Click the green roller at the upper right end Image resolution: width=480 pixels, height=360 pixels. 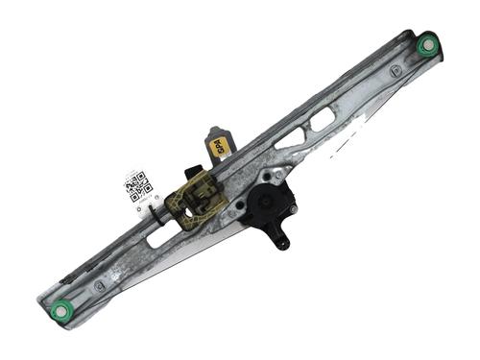pyautogui.click(x=427, y=44)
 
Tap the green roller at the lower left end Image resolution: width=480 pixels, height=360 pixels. pyautogui.click(x=61, y=309)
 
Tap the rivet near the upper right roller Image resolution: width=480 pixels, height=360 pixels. pyautogui.click(x=396, y=71)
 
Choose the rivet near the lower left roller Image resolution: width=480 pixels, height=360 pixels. pyautogui.click(x=100, y=285)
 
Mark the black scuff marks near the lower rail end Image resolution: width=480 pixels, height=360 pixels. pyautogui.click(x=67, y=280)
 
